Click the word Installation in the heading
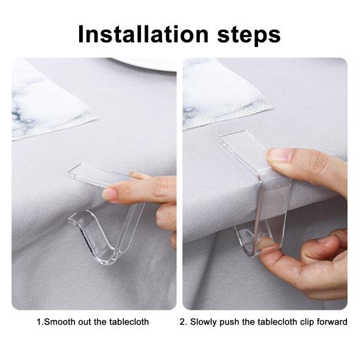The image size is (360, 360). (x=143, y=34)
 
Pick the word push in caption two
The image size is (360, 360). (x=229, y=322)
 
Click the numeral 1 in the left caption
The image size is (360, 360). (x=39, y=321)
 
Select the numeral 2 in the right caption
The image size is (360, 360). (x=182, y=321)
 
